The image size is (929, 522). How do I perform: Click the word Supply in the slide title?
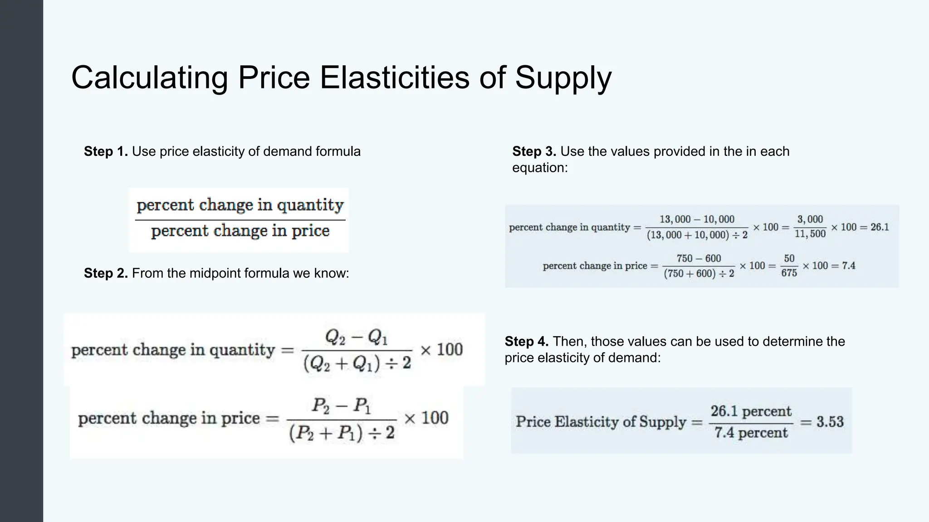563,78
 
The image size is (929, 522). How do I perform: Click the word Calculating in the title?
149,78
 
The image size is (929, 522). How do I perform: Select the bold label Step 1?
106,151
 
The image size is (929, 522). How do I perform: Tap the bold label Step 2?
106,273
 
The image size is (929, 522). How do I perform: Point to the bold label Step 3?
534,151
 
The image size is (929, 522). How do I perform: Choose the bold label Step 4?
526,341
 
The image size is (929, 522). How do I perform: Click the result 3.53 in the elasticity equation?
830,422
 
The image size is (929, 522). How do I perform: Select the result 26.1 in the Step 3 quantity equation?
880,227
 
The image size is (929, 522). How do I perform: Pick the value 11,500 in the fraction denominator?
810,234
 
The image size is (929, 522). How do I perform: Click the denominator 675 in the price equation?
789,273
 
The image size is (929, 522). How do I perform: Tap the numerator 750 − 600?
699,258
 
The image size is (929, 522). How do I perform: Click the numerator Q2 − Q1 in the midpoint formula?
357,337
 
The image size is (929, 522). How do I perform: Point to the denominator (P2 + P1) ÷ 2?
342,434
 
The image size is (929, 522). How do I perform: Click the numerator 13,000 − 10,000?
697,219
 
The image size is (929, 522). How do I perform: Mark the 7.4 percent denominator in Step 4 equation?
751,433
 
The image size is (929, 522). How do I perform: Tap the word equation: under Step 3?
540,168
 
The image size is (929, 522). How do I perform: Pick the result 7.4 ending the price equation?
848,266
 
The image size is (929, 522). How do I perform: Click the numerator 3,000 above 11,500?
810,219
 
